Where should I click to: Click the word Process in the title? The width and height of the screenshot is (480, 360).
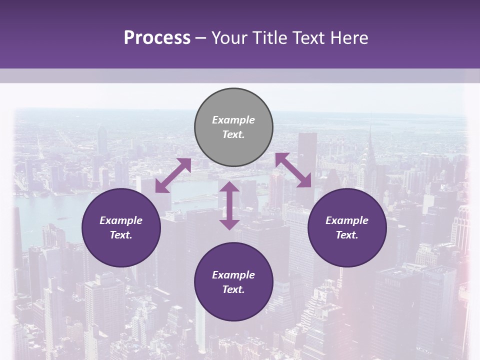[x=157, y=38]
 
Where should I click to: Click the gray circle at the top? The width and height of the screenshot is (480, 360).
[x=233, y=127]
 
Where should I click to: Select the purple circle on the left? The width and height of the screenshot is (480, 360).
[x=121, y=227]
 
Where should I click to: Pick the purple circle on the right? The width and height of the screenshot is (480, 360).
[x=347, y=227]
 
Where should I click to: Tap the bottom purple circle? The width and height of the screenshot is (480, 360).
[x=233, y=282]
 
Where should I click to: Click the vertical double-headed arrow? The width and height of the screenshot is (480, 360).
[x=229, y=205]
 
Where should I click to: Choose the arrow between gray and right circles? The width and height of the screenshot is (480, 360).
[x=293, y=170]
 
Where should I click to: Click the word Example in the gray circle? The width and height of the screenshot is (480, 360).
[x=233, y=120]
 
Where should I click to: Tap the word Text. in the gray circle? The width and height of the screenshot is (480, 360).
[x=233, y=134]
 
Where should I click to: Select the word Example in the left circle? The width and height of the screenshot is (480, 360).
[x=121, y=220]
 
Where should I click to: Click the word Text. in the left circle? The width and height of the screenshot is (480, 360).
[x=121, y=235]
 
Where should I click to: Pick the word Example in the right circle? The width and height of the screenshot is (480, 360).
[x=347, y=220]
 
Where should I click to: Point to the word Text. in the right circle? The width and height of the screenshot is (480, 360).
[x=347, y=235]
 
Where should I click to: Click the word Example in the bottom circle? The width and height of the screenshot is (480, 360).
[x=233, y=275]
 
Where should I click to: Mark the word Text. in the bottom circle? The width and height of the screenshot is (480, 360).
[x=233, y=289]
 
